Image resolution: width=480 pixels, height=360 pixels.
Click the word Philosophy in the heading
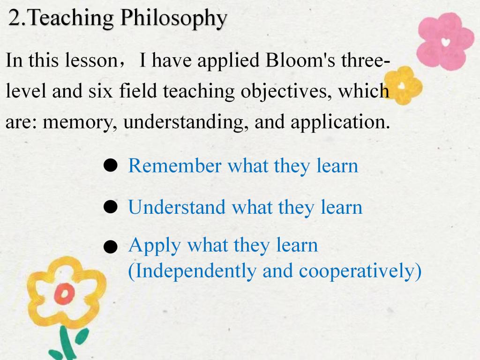[173, 18]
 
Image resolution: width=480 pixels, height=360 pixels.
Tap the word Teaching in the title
[71, 18]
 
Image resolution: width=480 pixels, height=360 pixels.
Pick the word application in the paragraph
[340, 122]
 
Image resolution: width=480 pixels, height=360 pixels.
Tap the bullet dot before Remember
[110, 165]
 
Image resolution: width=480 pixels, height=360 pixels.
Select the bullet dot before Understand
[110, 207]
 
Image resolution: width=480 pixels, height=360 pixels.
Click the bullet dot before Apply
[110, 247]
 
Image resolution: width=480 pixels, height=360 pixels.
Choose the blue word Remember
[175, 166]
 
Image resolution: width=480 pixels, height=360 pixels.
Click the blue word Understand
[177, 207]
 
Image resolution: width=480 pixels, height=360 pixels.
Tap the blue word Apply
[155, 246]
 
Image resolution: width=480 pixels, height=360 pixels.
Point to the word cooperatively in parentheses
[357, 271]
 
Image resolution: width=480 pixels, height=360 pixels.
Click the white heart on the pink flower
[446, 41]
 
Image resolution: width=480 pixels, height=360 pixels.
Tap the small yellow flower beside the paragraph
[403, 85]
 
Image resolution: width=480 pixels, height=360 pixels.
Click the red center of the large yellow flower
[64, 294]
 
